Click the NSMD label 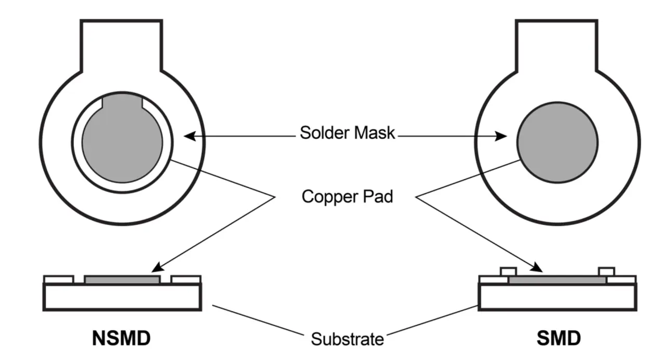click(x=122, y=338)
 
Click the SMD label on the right click(x=558, y=338)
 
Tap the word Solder click(x=324, y=132)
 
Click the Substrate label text click(x=348, y=339)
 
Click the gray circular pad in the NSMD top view click(x=122, y=142)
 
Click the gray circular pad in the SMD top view click(x=557, y=142)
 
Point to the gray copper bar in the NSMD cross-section click(x=122, y=279)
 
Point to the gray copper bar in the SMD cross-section click(x=557, y=280)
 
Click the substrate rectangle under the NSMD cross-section click(x=122, y=297)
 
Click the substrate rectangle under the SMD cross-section click(x=557, y=297)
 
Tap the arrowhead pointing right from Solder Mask click(x=501, y=136)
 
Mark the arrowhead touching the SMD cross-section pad click(x=536, y=267)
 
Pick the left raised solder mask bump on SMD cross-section click(x=509, y=272)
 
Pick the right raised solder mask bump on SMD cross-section click(x=606, y=272)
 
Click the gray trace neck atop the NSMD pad click(x=122, y=101)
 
